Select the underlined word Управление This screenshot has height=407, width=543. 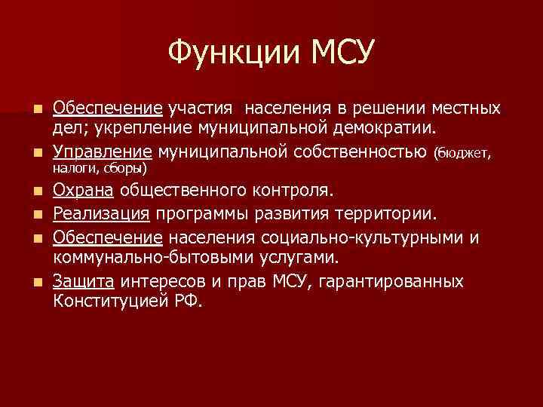[103, 153]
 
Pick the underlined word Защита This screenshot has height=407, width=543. [83, 282]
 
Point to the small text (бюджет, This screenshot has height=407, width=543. [464, 154]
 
